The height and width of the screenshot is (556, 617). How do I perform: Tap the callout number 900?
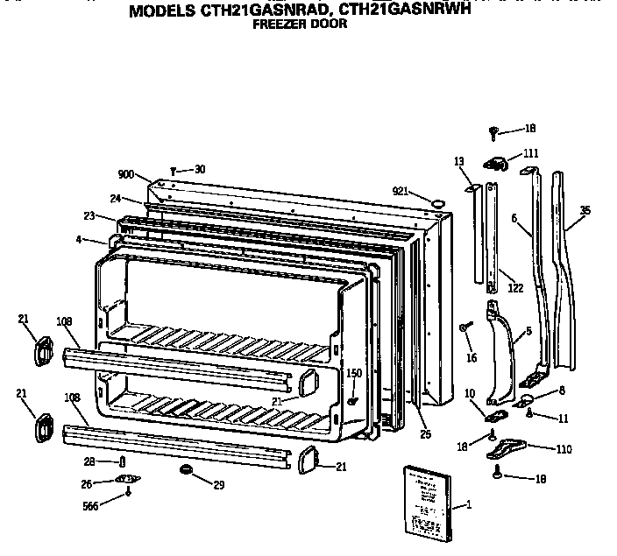pyautogui.click(x=125, y=175)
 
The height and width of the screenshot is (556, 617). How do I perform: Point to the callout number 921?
pyautogui.click(x=401, y=191)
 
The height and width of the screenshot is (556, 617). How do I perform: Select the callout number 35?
pyautogui.click(x=585, y=210)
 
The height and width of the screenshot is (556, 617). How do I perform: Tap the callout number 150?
pyautogui.click(x=353, y=372)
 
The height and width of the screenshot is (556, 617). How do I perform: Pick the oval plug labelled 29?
pyautogui.click(x=186, y=471)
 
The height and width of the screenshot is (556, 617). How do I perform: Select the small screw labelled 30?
pyautogui.click(x=176, y=170)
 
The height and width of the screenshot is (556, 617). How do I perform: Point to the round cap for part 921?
pyautogui.click(x=434, y=203)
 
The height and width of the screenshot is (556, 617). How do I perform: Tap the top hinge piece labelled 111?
pyautogui.click(x=496, y=162)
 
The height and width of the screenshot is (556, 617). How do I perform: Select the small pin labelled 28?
pyautogui.click(x=122, y=461)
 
